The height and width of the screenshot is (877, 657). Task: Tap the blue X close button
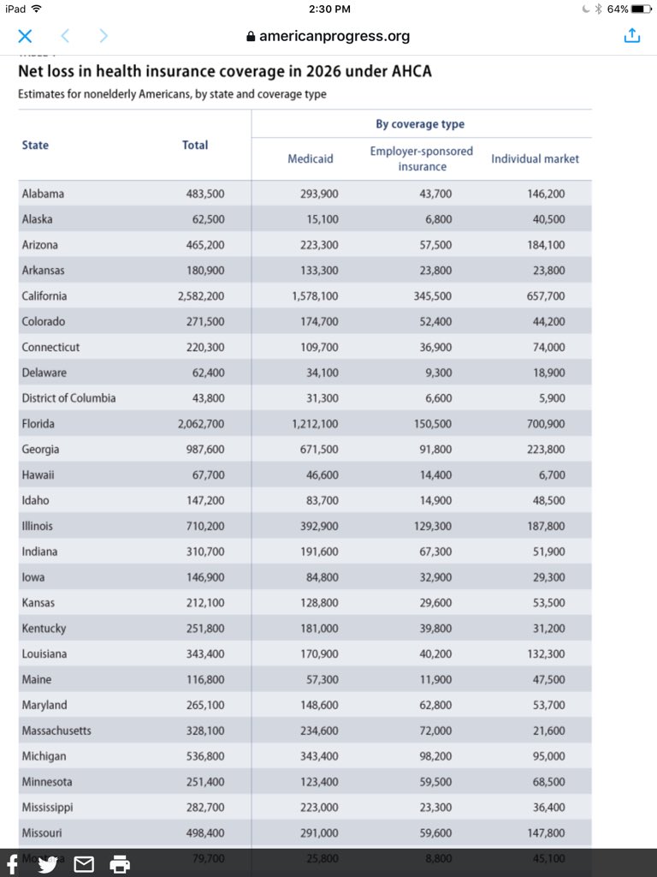(x=25, y=36)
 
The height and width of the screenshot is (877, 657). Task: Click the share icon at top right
(x=631, y=36)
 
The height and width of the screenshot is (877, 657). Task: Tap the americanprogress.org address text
(x=334, y=36)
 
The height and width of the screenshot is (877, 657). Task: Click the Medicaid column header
(x=311, y=158)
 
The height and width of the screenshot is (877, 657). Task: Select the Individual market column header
(x=535, y=158)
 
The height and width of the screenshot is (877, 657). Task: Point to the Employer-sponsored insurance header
(x=421, y=158)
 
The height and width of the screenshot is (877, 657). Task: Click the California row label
(x=44, y=296)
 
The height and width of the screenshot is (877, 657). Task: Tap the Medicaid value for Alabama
(x=319, y=194)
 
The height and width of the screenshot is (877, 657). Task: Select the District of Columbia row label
(x=68, y=398)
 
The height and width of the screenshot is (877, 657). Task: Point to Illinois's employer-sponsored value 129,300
(x=433, y=526)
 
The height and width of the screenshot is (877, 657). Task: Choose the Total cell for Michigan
(x=205, y=756)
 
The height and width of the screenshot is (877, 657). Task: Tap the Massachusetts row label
(x=56, y=731)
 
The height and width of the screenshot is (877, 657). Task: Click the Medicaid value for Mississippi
(x=319, y=808)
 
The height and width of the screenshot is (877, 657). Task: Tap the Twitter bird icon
(x=48, y=864)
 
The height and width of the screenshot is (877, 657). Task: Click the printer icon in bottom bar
(x=120, y=864)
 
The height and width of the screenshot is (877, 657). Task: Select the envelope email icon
(x=84, y=864)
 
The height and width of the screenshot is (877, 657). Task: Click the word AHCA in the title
(x=411, y=72)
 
